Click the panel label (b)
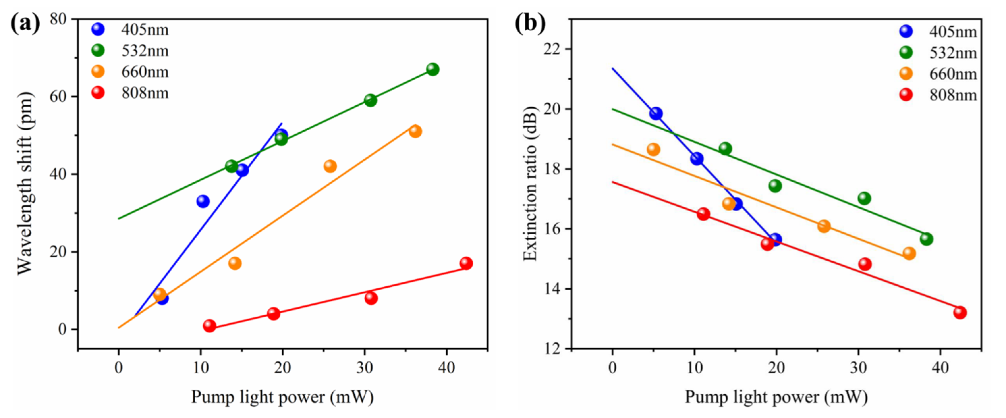pyautogui.click(x=530, y=23)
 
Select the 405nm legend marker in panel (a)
pyautogui.click(x=98, y=29)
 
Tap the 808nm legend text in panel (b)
pyautogui.click(x=953, y=95)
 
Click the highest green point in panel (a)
pyautogui.click(x=432, y=69)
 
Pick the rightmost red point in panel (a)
pyautogui.click(x=466, y=263)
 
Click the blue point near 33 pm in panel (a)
pyautogui.click(x=203, y=201)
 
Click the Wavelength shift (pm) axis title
pyautogui.click(x=26, y=183)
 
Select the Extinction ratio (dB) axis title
pyautogui.click(x=530, y=183)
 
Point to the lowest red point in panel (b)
pyautogui.click(x=960, y=313)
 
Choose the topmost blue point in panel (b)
pyautogui.click(x=656, y=114)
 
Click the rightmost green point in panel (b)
pyautogui.click(x=926, y=239)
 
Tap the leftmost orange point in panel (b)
pyautogui.click(x=653, y=149)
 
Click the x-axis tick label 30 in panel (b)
pyautogui.click(x=858, y=368)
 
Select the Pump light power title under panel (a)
pyautogui.click(x=282, y=397)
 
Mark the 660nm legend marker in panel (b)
pyautogui.click(x=906, y=74)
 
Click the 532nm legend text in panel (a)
pyautogui.click(x=145, y=51)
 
